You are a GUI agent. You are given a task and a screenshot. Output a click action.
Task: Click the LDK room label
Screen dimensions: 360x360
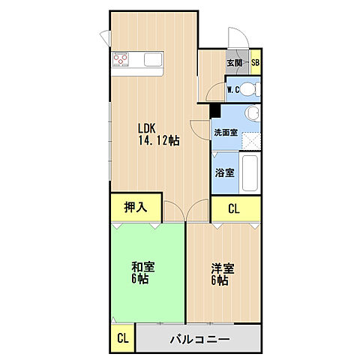(x=146, y=127)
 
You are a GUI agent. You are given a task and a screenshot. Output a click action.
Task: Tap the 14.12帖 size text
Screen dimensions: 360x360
(x=157, y=140)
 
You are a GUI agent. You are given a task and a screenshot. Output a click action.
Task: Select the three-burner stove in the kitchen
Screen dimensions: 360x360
(x=122, y=60)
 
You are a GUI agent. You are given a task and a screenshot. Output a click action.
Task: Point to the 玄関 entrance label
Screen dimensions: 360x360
(x=235, y=64)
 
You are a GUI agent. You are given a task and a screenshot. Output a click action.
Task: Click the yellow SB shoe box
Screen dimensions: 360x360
(x=255, y=64)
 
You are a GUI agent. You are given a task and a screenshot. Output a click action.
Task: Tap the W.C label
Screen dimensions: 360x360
(x=233, y=91)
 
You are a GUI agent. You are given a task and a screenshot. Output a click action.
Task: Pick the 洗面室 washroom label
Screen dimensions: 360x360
(x=225, y=132)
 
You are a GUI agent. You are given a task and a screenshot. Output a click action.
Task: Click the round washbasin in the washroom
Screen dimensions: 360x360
(x=252, y=114)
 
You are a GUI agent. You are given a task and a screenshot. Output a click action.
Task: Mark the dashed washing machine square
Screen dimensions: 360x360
(x=251, y=139)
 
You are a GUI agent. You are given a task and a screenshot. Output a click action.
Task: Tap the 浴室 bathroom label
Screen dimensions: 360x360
(x=224, y=172)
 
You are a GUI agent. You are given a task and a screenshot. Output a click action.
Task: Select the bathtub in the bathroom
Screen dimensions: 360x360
(x=250, y=174)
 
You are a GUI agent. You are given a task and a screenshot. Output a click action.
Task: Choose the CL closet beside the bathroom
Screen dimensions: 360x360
(x=233, y=209)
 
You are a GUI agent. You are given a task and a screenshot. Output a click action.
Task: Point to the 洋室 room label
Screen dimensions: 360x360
(x=223, y=268)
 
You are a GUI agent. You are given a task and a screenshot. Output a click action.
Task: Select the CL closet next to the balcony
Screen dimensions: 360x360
(x=122, y=337)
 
